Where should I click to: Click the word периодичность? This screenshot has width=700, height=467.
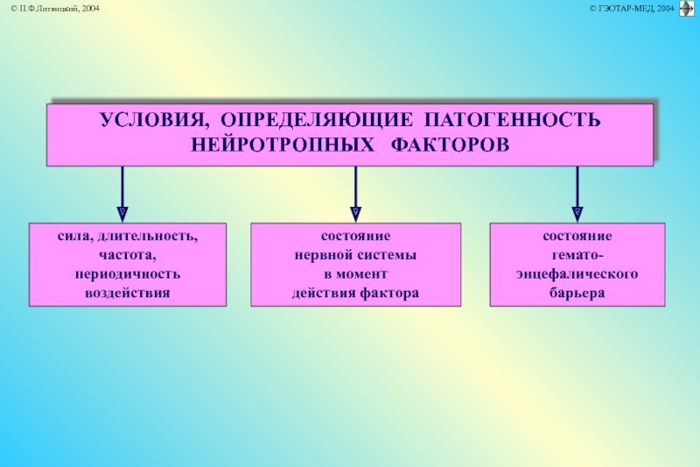pyautogui.click(x=128, y=273)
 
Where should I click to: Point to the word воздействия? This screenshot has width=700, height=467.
pyautogui.click(x=128, y=292)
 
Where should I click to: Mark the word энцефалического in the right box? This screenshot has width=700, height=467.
pyautogui.click(x=577, y=273)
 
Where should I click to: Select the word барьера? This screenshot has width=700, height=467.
pyautogui.click(x=577, y=292)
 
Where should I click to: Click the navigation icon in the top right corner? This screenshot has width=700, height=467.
pyautogui.click(x=686, y=8)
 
